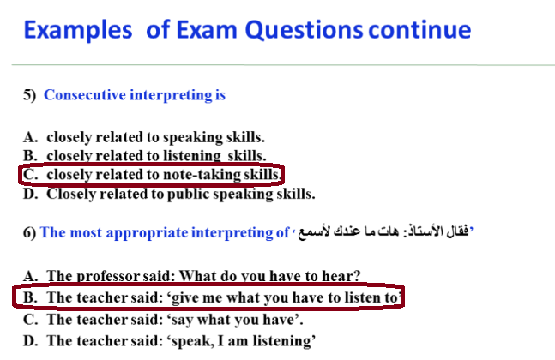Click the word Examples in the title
(78, 30)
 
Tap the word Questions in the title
(304, 30)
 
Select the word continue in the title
(419, 29)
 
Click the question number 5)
(30, 95)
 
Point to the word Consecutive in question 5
(85, 95)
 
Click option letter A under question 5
(30, 137)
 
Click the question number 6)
(30, 232)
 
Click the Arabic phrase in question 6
(383, 231)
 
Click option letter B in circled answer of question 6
(30, 297)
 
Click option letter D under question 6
(30, 341)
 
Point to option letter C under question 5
(30, 174)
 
